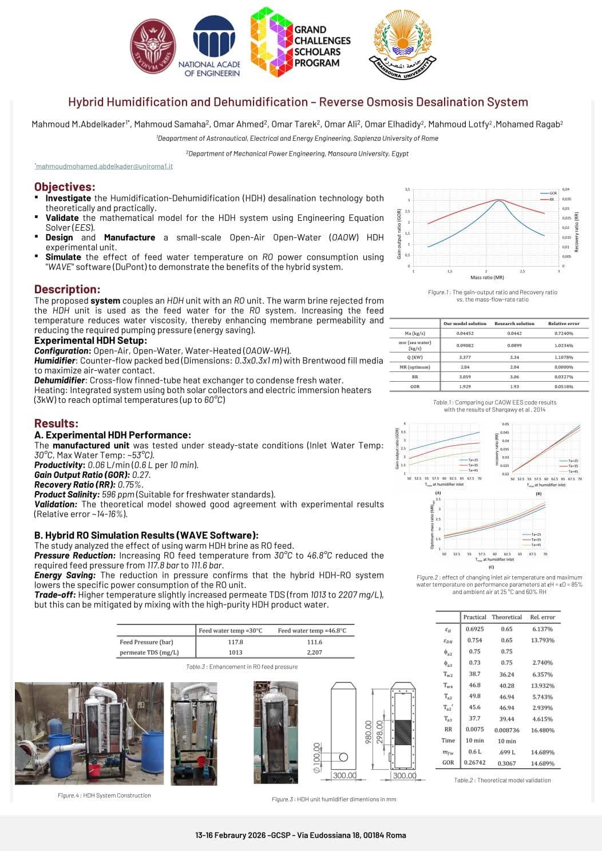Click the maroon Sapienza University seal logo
click(x=153, y=46)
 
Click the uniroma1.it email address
click(x=104, y=166)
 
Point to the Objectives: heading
click(x=65, y=187)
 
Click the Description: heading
click(x=67, y=289)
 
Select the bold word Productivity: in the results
click(x=60, y=465)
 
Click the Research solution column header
click(x=514, y=323)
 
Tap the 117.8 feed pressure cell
click(x=235, y=642)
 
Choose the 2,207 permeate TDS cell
click(x=314, y=652)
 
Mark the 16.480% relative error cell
click(x=542, y=730)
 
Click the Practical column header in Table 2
click(x=474, y=617)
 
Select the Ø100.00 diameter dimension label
click(x=316, y=757)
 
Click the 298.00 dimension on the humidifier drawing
click(x=379, y=733)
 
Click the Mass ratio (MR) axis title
click(x=487, y=278)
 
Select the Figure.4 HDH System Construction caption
click(x=104, y=795)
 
